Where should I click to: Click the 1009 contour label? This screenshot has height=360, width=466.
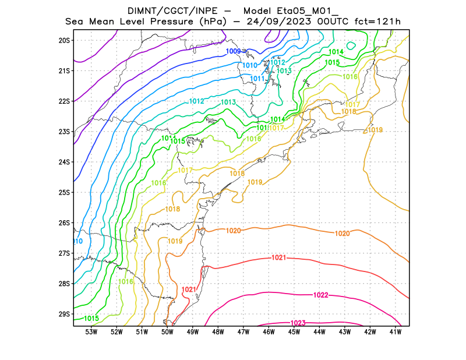[x=234, y=51]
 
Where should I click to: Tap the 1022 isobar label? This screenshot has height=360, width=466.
[x=321, y=295]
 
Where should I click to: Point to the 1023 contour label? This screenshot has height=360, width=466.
[x=298, y=323]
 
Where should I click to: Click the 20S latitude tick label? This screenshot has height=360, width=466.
[x=64, y=40]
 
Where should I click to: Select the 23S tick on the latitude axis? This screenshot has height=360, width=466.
[x=64, y=132]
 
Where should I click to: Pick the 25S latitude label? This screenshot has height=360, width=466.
[x=64, y=192]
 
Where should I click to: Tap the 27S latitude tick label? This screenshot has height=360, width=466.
[x=64, y=253]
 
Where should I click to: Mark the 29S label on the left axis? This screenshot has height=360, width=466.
[x=64, y=314]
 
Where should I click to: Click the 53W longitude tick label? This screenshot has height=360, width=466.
[x=91, y=332]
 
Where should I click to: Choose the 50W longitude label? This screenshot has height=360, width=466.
[x=167, y=332]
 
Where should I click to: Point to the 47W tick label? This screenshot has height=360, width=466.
[x=243, y=332]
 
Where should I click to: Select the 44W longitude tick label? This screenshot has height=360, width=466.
[x=319, y=332]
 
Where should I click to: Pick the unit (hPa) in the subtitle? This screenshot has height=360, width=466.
[x=212, y=22]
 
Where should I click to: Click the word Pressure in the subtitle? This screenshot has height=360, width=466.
[x=171, y=22]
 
